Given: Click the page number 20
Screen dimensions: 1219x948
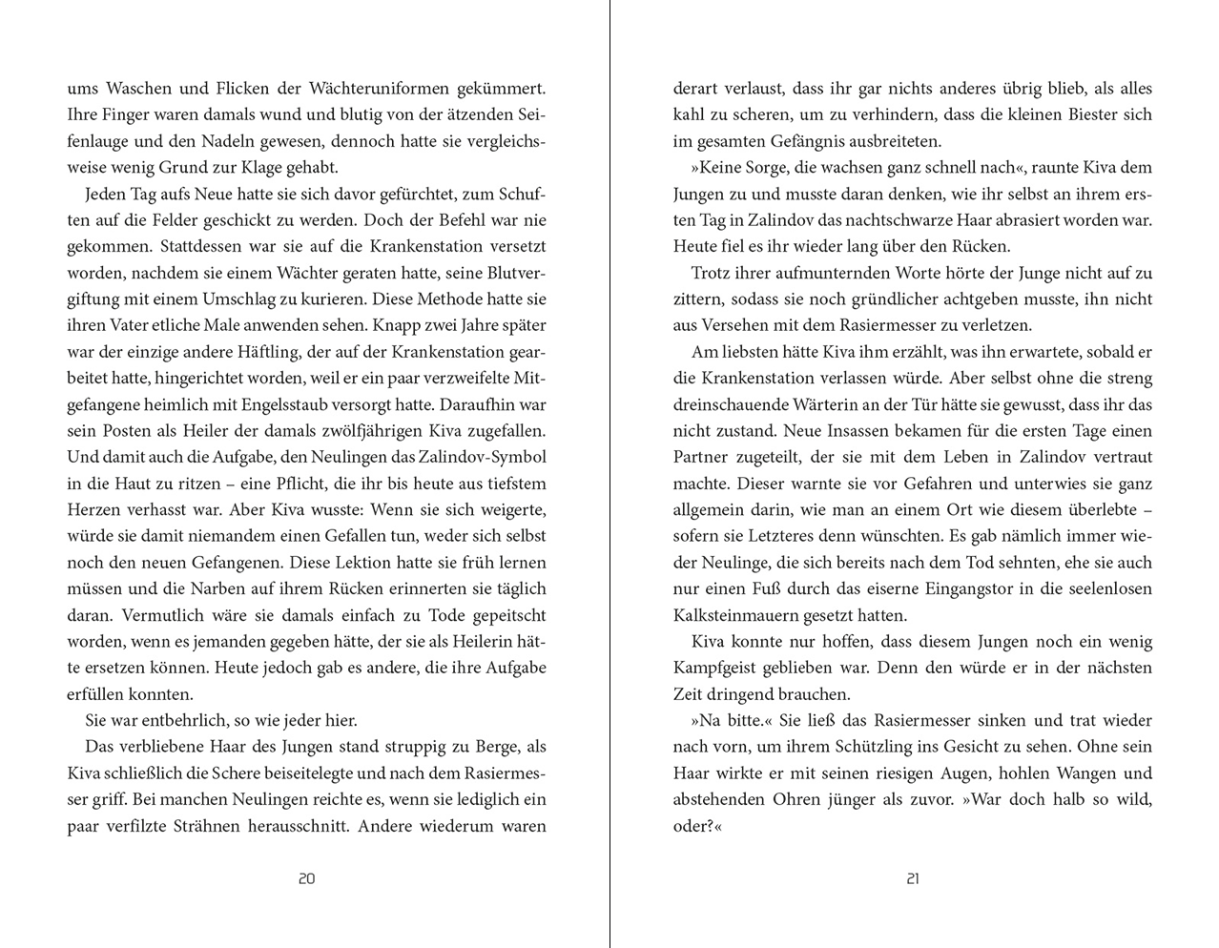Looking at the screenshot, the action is [x=306, y=878].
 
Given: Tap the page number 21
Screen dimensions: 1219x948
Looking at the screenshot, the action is [x=913, y=878].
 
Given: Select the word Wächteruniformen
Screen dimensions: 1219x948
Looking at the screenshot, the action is [x=384, y=89].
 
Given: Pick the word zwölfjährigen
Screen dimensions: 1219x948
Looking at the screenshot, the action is [x=365, y=431].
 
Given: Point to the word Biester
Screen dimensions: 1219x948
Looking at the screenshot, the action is [x=1082, y=114].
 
